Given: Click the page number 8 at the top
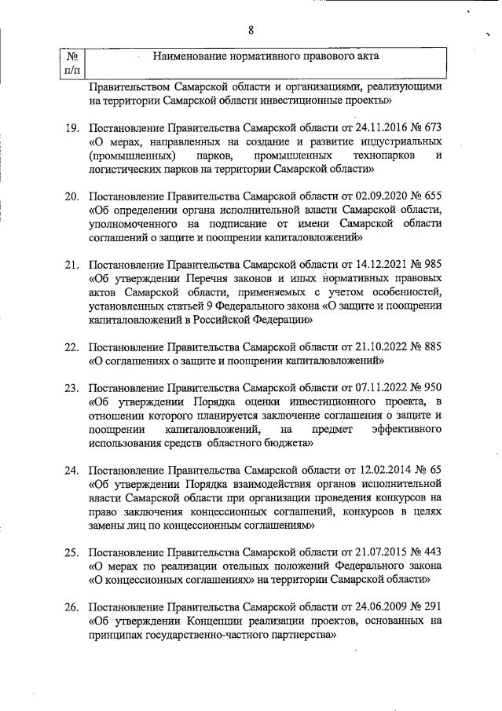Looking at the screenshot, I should click(251, 31).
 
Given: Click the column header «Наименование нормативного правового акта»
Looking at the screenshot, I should click(266, 57).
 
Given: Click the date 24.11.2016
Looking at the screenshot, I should click(381, 127).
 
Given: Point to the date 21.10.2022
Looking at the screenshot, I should click(381, 347).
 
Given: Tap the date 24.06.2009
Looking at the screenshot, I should click(381, 608).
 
